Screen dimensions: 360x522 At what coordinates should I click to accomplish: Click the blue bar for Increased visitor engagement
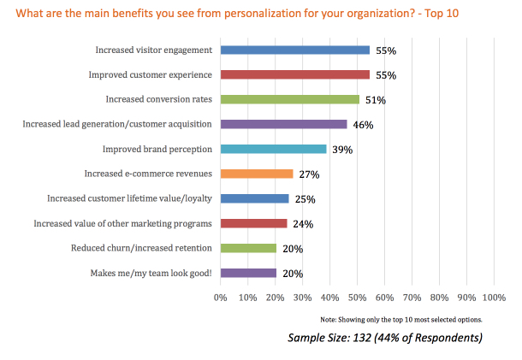pyautogui.click(x=295, y=50)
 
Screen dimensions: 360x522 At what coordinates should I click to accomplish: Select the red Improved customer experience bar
pyautogui.click(x=295, y=75)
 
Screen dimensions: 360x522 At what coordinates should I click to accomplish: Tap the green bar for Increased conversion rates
pyautogui.click(x=290, y=100)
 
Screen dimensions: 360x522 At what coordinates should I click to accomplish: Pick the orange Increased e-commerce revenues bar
pyautogui.click(x=257, y=174)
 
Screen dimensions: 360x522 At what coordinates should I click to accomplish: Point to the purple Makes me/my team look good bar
pyautogui.click(x=248, y=273)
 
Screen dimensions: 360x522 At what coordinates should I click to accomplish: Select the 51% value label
pyautogui.click(x=375, y=100)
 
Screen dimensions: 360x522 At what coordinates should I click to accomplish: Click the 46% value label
pyautogui.click(x=363, y=125)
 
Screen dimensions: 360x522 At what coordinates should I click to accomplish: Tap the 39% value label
pyautogui.click(x=342, y=150)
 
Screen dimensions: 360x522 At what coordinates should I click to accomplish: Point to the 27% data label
pyautogui.click(x=309, y=174)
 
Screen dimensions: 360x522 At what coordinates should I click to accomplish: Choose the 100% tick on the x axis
pyautogui.click(x=494, y=298)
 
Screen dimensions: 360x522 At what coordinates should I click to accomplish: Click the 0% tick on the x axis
pyautogui.click(x=220, y=298)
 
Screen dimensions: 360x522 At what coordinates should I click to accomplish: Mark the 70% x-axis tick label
pyautogui.click(x=412, y=298)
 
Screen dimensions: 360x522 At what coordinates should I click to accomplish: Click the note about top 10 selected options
pyautogui.click(x=401, y=319)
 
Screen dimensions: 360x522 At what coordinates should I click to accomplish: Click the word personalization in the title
pyautogui.click(x=259, y=13)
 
